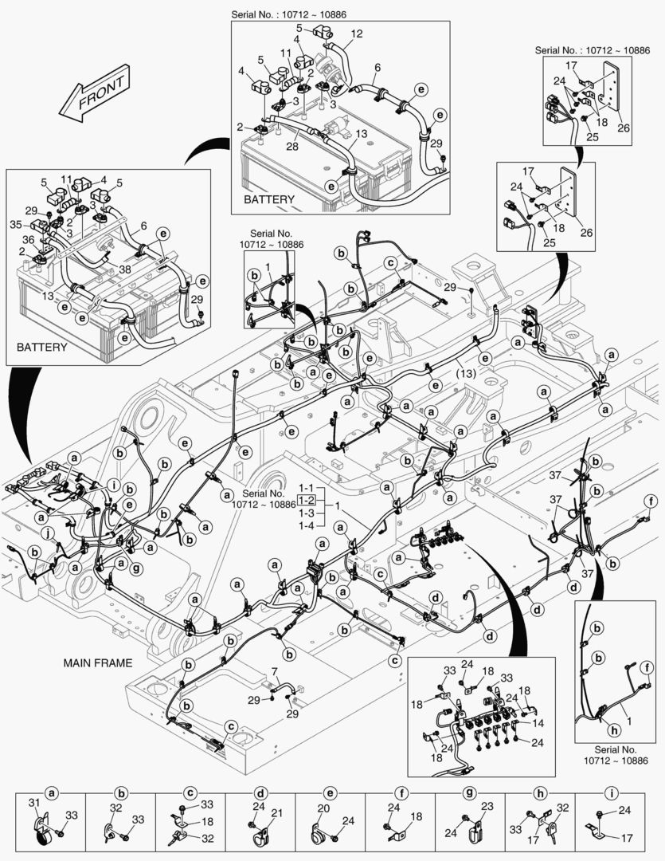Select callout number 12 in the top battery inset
click(x=356, y=33)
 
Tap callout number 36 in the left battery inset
click(x=28, y=238)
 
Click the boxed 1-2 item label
click(x=306, y=501)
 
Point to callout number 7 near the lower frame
click(x=274, y=672)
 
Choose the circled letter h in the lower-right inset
click(x=614, y=728)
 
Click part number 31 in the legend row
click(x=33, y=803)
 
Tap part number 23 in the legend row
click(x=487, y=806)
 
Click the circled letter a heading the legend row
click(x=52, y=793)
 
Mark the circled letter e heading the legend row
click(x=330, y=793)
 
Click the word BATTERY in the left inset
click(x=41, y=348)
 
